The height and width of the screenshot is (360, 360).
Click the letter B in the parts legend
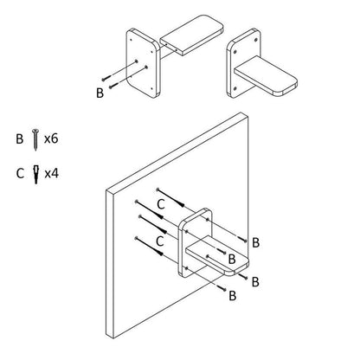19,138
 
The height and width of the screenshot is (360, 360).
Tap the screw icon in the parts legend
35,139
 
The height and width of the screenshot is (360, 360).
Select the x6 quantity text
51,138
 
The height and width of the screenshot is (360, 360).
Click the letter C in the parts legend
20,174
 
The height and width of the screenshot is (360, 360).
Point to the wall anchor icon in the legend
35,174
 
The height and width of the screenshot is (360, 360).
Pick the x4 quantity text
52,174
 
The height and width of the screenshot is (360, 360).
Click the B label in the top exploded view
100,93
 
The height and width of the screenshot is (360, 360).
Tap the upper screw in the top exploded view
106,78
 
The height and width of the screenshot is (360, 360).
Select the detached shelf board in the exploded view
192,35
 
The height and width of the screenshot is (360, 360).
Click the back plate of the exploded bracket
143,63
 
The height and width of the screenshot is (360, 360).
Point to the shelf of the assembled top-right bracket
266,76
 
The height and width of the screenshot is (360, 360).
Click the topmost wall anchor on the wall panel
170,197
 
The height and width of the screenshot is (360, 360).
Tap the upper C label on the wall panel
161,204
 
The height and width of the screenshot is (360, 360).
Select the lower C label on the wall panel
160,241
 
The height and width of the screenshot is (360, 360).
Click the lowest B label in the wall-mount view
233,296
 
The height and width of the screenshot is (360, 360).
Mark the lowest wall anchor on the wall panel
149,247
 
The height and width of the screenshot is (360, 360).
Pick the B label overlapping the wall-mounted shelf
232,259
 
